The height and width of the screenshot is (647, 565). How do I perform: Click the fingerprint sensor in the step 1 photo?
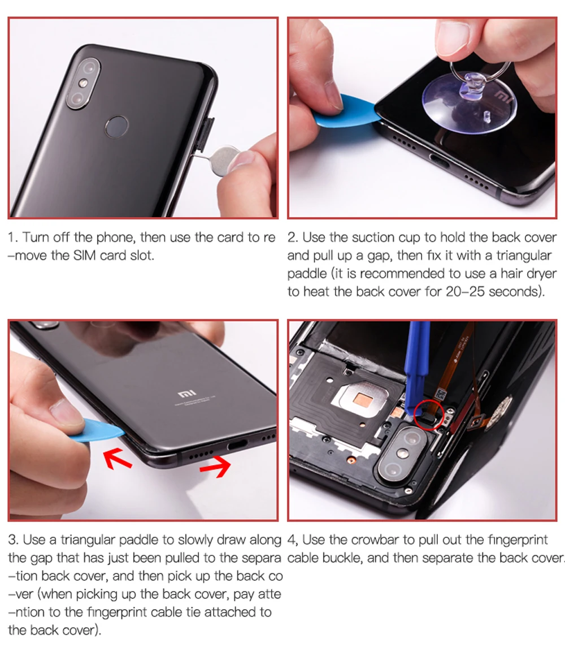click(x=116, y=126)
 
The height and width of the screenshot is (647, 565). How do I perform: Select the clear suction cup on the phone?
click(x=470, y=101)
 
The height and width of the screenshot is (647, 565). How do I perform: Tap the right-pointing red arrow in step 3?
click(x=216, y=466)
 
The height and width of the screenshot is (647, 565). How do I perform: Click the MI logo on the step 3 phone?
click(x=186, y=394)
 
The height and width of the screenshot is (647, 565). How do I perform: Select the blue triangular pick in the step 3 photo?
click(x=99, y=430)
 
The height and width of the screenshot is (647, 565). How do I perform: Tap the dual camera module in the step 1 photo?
click(x=83, y=85)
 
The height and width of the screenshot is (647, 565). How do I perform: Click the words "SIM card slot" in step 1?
click(x=114, y=256)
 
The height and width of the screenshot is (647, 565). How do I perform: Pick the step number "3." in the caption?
click(x=13, y=540)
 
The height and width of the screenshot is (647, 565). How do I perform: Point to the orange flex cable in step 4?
click(x=459, y=363)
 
